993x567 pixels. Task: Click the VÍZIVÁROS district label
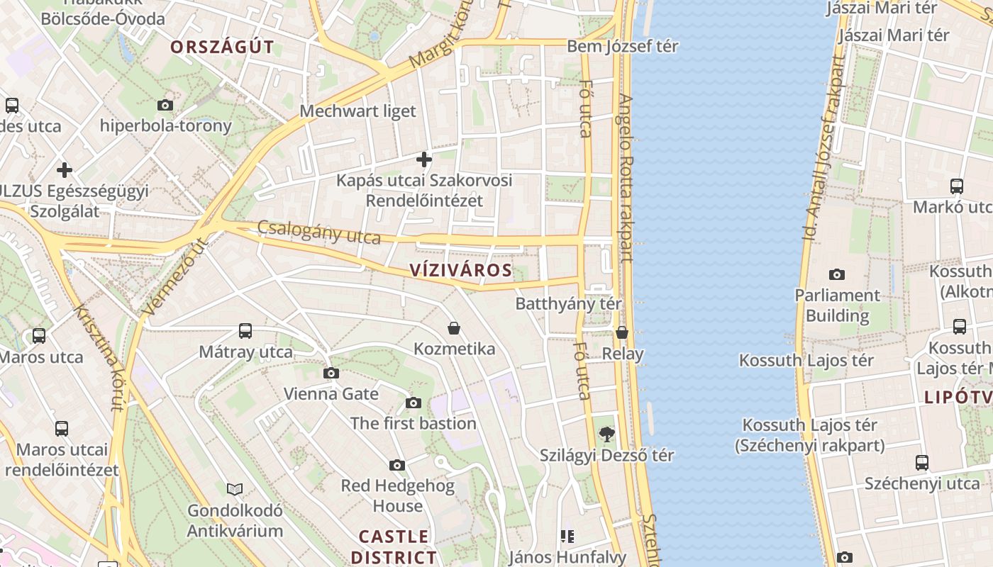pyautogui.click(x=460, y=270)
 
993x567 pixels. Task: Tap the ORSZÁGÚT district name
pyautogui.click(x=221, y=47)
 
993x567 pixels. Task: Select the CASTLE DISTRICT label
pyautogui.click(x=394, y=546)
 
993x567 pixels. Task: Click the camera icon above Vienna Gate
pyautogui.click(x=331, y=373)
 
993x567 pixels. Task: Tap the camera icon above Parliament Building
pyautogui.click(x=837, y=274)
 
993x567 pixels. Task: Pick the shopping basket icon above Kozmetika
pyautogui.click(x=454, y=328)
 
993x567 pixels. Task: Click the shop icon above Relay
pyautogui.click(x=622, y=332)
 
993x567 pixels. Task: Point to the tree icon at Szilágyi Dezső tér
pyautogui.click(x=606, y=434)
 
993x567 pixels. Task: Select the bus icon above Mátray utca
pyautogui.click(x=245, y=330)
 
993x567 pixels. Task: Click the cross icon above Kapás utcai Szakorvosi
pyautogui.click(x=424, y=159)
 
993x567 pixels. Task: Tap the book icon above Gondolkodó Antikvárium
pyautogui.click(x=235, y=489)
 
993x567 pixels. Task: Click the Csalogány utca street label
pyautogui.click(x=319, y=232)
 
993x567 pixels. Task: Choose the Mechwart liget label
pyautogui.click(x=357, y=111)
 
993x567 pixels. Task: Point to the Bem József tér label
pyautogui.click(x=622, y=46)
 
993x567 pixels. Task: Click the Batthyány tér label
pyautogui.click(x=568, y=303)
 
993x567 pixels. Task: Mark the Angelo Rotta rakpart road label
pyautogui.click(x=625, y=177)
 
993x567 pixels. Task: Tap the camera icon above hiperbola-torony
pyautogui.click(x=165, y=105)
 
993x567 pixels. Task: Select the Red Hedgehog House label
pyautogui.click(x=397, y=495)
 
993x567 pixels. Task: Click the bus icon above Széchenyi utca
pyautogui.click(x=921, y=463)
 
